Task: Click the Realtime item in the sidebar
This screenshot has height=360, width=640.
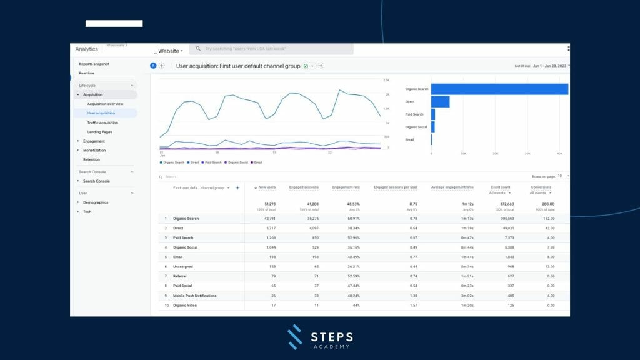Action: coord(87,73)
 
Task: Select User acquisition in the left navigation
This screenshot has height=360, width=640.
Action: coord(101,113)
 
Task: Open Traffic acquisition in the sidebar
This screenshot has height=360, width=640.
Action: coord(102,122)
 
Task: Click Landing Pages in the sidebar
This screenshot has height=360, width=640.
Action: coord(99,132)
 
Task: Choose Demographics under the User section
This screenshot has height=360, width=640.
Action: coord(96,202)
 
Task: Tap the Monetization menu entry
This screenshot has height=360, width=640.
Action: coord(94,150)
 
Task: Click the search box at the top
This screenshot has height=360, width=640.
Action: coord(272,49)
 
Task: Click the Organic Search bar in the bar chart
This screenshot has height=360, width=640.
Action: coord(499,89)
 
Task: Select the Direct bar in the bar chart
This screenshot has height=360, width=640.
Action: coord(440,102)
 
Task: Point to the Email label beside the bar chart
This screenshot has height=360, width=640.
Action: coord(409,140)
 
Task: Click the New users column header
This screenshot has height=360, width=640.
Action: coord(266,187)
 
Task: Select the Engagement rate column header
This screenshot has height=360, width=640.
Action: coord(346,187)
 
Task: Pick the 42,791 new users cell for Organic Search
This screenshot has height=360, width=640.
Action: coord(267,219)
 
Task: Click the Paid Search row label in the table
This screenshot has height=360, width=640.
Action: coord(184,238)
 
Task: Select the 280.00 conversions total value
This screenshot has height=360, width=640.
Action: coord(547,204)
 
